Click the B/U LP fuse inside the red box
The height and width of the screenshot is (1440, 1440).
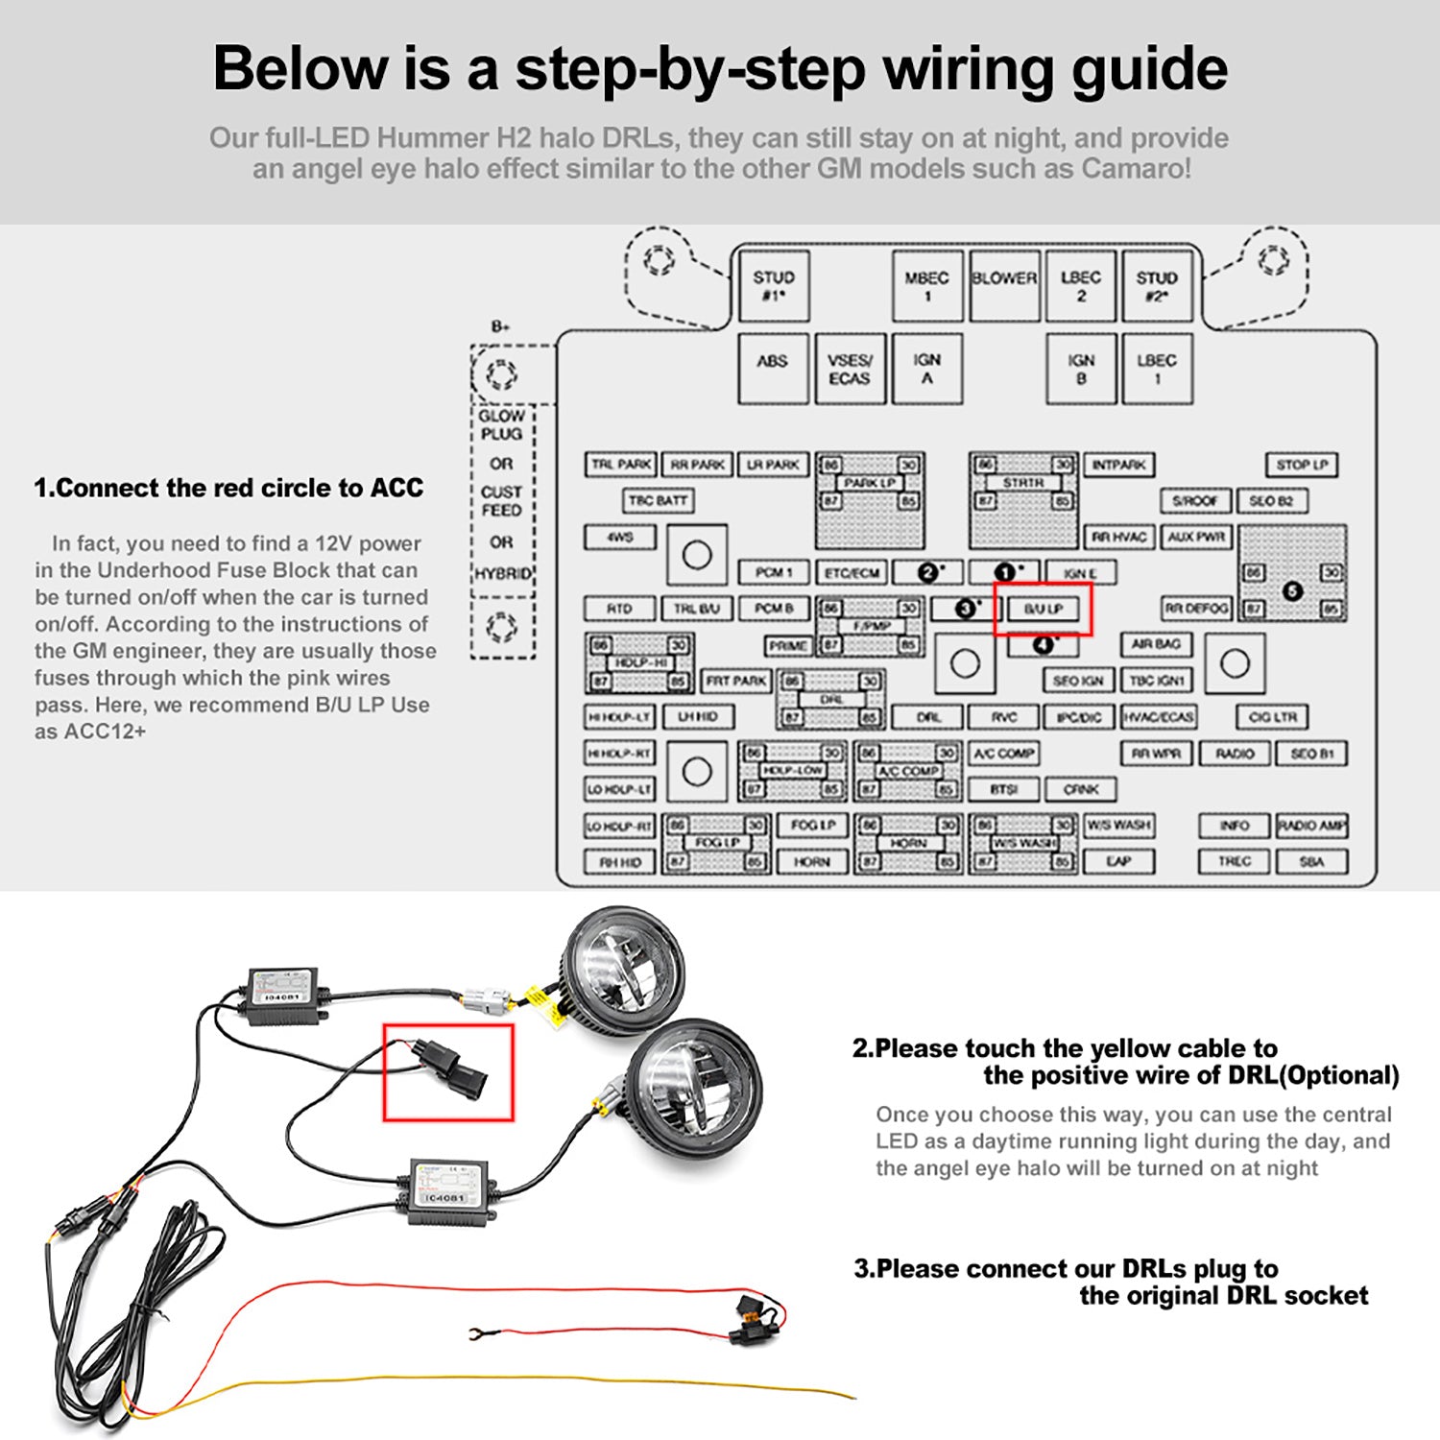pos(1044,609)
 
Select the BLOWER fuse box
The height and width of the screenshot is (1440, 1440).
pos(1004,285)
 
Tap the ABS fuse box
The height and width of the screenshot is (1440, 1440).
pos(773,369)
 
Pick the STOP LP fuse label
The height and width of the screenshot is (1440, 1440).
pos(1302,465)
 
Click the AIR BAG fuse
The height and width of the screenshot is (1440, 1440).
pos(1157,644)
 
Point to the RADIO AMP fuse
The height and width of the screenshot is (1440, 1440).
pos(1312,826)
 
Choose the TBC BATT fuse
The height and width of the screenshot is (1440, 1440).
pos(659,501)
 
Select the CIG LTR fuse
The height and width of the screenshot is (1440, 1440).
pos(1273,717)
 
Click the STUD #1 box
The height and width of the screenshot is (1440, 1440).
pos(774,285)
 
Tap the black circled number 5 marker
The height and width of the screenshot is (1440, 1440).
pos(1292,590)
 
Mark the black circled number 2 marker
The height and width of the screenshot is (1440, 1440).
pos(927,572)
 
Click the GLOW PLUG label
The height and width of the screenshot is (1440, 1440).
pos(501,425)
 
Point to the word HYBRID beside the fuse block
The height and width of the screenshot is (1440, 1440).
pos(502,573)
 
